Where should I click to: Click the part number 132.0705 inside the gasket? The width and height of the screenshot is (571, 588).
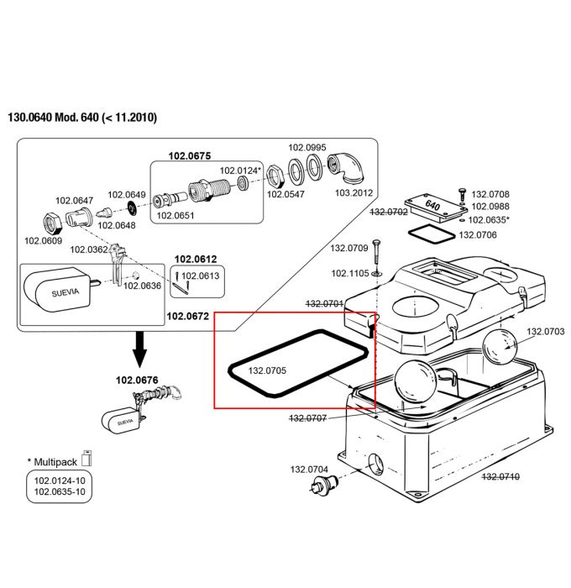coord(267,370)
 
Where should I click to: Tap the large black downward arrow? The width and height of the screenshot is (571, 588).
coord(140,349)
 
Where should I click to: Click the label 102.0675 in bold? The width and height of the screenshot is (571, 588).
coord(189,155)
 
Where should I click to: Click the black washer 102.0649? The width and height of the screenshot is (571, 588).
coord(132,207)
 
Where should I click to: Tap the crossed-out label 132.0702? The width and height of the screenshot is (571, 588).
coord(389,212)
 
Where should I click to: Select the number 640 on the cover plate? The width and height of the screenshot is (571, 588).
coord(432,205)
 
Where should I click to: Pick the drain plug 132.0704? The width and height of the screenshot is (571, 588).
coord(322,484)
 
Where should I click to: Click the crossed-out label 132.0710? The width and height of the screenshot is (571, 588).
coord(500,476)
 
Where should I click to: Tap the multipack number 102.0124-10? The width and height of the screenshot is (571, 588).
coord(60,480)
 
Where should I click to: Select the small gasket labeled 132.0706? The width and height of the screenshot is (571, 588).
coord(431,235)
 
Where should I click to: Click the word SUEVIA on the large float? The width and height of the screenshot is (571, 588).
coord(65,292)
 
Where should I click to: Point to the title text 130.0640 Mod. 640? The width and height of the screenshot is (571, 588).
coord(53,117)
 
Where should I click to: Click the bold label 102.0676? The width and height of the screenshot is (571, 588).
coord(137,380)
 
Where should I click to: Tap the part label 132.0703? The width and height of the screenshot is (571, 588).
coord(545,332)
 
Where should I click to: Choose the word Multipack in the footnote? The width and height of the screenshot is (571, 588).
coord(55,462)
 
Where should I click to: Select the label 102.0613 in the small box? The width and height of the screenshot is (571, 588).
coord(200,276)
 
